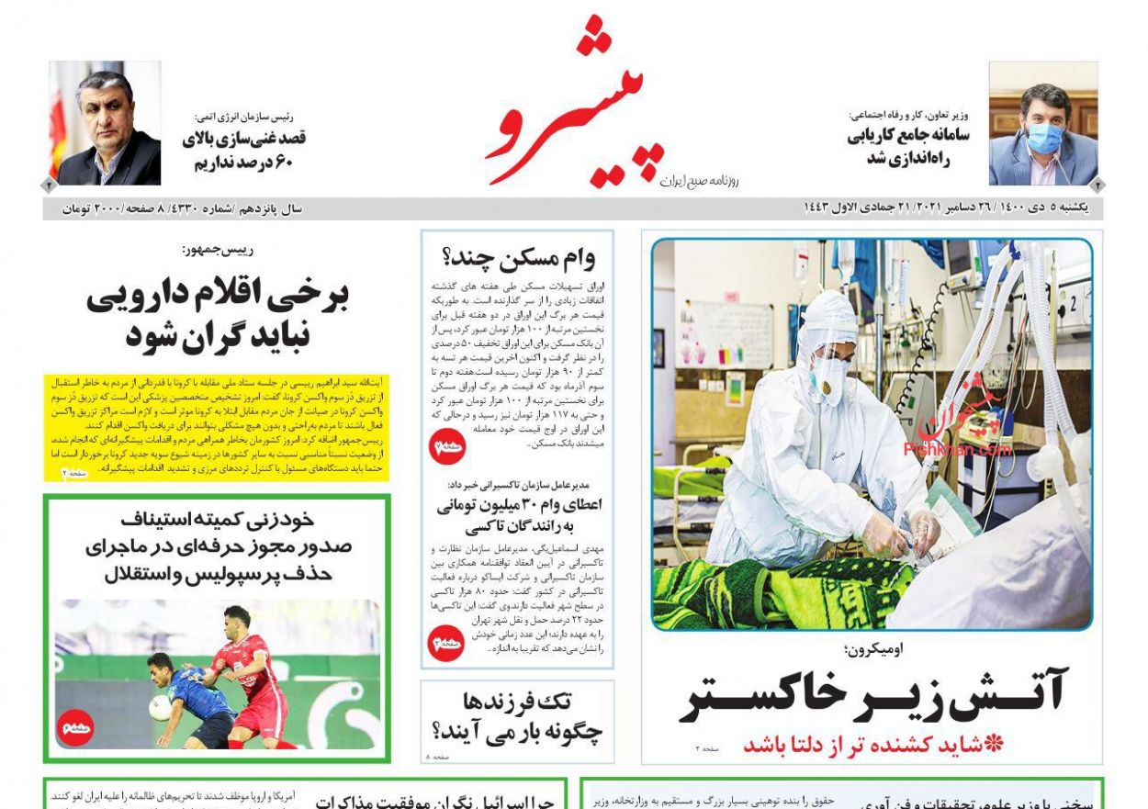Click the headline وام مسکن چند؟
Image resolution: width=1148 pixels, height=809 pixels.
coord(519,256)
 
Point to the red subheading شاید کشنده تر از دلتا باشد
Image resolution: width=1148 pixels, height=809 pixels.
coord(872,745)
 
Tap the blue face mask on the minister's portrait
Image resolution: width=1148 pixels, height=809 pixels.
coord(1045,138)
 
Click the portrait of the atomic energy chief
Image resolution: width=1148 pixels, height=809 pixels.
coord(105,123)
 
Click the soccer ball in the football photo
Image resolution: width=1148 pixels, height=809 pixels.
coord(160,706)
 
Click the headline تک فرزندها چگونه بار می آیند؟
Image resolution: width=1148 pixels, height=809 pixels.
coord(517,717)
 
